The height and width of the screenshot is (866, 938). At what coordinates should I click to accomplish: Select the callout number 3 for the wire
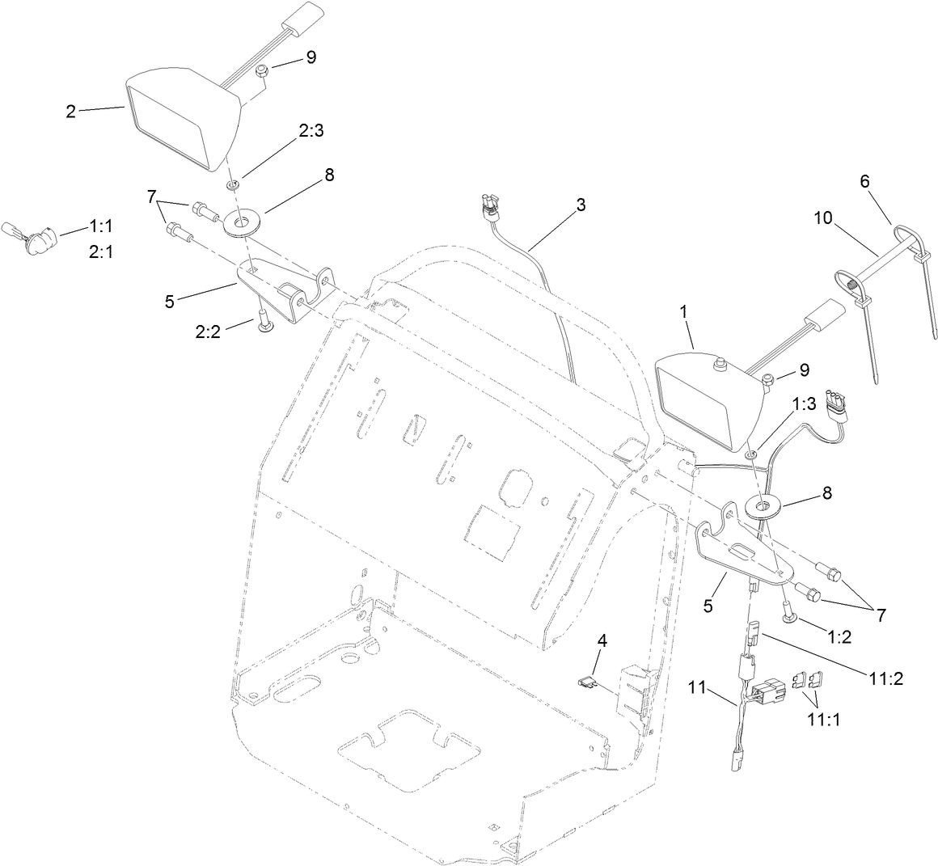point(581,205)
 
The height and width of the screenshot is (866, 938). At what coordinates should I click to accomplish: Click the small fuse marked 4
point(588,682)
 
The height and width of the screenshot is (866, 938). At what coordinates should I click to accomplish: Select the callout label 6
point(864,182)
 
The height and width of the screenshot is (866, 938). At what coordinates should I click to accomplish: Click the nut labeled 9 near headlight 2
point(260,74)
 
